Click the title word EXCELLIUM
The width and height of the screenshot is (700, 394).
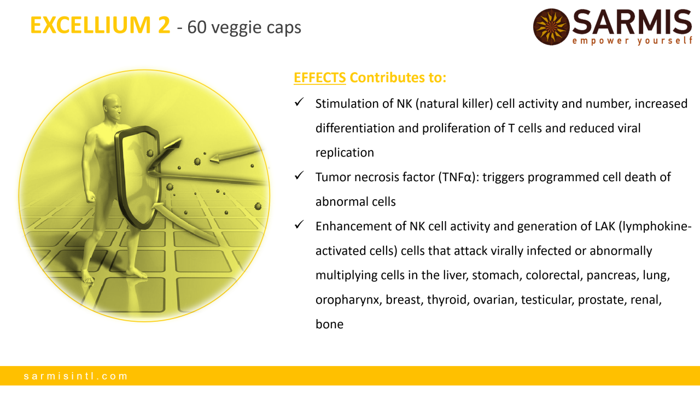(91, 25)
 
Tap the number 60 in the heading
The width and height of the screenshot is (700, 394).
(197, 27)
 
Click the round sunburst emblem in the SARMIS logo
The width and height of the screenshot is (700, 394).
(551, 27)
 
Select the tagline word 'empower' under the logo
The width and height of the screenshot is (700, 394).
(600, 41)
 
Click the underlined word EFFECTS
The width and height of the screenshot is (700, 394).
(320, 77)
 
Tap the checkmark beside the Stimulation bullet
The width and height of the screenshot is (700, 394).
(299, 102)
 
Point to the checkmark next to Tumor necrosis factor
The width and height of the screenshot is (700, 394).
(299, 175)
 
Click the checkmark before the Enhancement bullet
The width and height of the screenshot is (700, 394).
(299, 224)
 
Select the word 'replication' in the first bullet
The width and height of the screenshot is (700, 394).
(345, 153)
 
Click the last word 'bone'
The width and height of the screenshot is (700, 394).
(329, 324)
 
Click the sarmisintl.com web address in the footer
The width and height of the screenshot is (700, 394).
(75, 376)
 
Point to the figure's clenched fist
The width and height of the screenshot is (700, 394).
(91, 196)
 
